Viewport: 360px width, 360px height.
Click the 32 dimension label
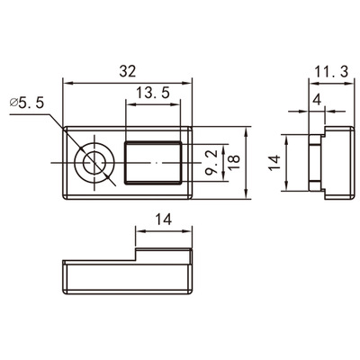pos(128,71)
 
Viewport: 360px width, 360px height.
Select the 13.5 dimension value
pos(153,93)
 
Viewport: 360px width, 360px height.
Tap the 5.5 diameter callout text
pos(31,103)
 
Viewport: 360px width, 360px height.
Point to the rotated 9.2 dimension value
pos(212,163)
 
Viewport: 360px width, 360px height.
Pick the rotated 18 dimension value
pos(234,163)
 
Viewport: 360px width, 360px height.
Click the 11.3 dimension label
pos(331,72)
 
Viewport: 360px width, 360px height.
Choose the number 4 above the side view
pos(317,100)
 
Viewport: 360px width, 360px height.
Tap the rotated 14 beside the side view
pos(274,163)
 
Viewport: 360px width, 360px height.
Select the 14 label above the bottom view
pos(164,220)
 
